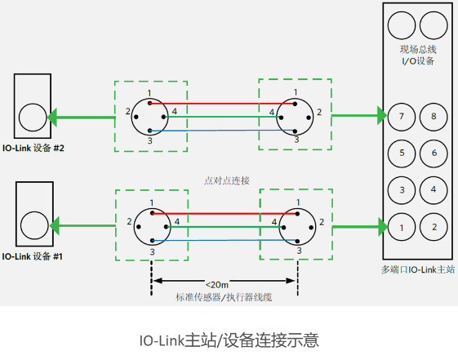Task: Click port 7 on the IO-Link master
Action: tap(401, 117)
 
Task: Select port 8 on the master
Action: tap(434, 117)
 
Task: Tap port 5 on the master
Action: tap(401, 153)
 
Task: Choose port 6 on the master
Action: tap(434, 153)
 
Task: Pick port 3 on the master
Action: tap(401, 190)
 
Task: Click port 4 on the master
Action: tap(434, 190)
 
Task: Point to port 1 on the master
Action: tap(401, 226)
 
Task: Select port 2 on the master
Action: tap(434, 226)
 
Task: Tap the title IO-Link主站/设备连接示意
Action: tap(229, 339)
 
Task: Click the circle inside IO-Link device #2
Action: tap(33, 117)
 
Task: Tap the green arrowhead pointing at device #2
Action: tap(52, 117)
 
